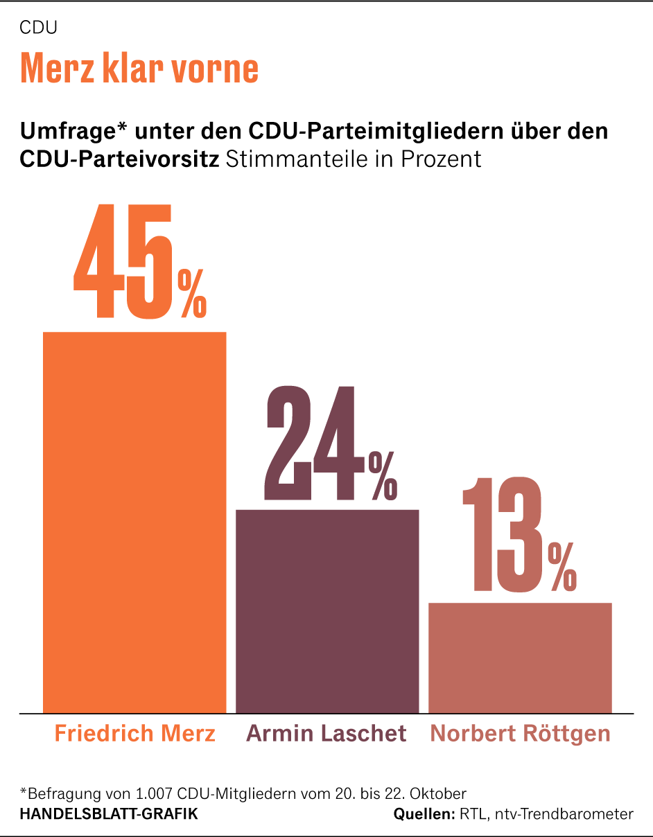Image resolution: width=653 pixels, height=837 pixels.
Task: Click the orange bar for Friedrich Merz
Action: pyautogui.click(x=134, y=522)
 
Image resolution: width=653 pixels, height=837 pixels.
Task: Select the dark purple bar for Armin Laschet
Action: pyautogui.click(x=327, y=611)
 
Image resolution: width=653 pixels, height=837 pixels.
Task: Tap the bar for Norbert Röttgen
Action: pyautogui.click(x=520, y=658)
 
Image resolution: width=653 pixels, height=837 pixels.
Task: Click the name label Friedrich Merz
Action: pyautogui.click(x=135, y=734)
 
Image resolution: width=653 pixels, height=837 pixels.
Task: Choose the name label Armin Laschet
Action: pyautogui.click(x=326, y=734)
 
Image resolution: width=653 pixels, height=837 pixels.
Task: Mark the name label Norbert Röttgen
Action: pyautogui.click(x=520, y=734)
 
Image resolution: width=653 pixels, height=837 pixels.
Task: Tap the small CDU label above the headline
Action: pyautogui.click(x=38, y=28)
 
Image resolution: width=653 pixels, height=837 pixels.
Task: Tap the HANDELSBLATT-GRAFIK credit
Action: pyautogui.click(x=109, y=814)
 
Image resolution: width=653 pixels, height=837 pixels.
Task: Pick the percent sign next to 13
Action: pyautogui.click(x=562, y=567)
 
